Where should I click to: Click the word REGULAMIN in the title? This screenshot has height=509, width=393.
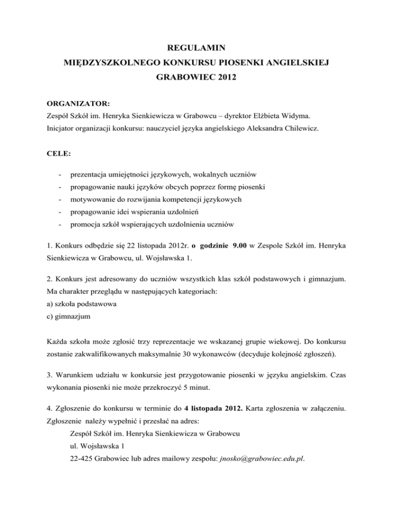pos(196,49)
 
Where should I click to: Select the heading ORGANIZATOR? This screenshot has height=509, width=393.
pos(71,103)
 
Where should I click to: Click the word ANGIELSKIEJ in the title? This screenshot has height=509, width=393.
pos(289,65)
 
